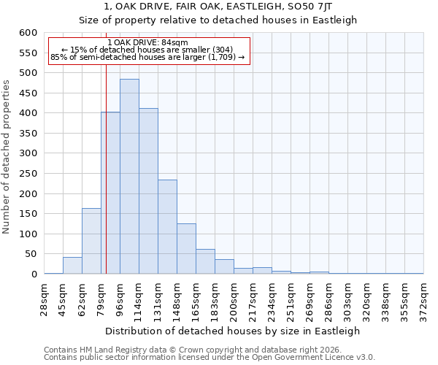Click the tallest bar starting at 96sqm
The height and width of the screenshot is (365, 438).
click(129, 177)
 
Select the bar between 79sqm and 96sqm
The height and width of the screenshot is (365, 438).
click(110, 193)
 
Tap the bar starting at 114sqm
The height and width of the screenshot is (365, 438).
click(148, 191)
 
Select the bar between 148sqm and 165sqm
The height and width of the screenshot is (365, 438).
click(186, 249)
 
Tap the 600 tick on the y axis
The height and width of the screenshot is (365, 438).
click(28, 33)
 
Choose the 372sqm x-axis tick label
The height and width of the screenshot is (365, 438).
click(423, 299)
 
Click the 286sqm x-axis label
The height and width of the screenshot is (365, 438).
click(328, 299)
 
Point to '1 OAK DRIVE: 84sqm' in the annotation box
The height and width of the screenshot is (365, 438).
click(148, 42)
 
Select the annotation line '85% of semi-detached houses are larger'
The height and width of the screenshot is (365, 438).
click(148, 57)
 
